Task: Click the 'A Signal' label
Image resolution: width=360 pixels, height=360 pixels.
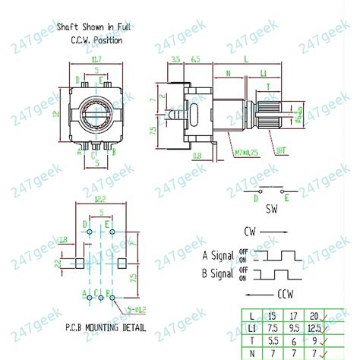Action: pos(219,255)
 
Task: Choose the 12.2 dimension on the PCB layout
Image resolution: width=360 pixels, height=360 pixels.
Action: pos(101,198)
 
